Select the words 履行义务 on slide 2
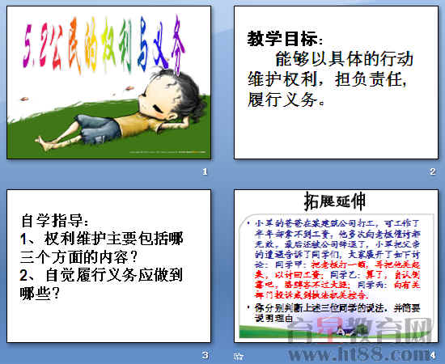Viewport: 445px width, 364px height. [x=283, y=101]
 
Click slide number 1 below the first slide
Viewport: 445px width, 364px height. [x=205, y=172]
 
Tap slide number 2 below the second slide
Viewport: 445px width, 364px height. [x=432, y=171]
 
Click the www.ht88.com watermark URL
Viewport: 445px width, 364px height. [x=375, y=353]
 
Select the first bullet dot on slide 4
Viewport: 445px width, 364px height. [x=246, y=220]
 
